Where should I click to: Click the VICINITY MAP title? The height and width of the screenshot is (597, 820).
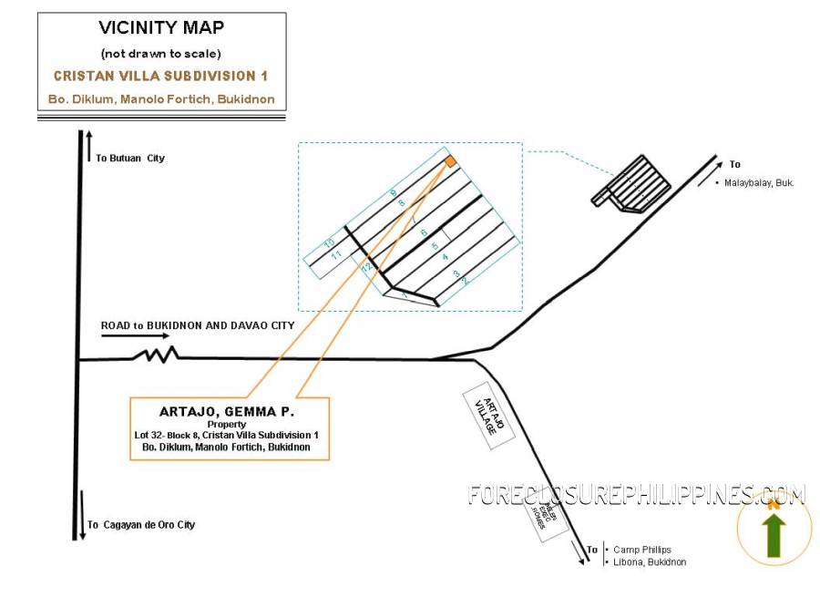[161, 28]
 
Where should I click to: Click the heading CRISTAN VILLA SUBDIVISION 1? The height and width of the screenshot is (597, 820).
[161, 76]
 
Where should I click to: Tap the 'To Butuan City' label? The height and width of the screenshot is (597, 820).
[130, 158]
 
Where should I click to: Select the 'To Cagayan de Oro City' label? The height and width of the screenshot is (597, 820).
[141, 525]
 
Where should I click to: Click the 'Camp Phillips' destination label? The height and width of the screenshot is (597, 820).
[642, 550]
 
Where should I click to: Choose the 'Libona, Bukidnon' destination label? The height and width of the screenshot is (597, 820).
[650, 562]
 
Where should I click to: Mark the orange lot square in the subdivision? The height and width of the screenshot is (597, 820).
[450, 161]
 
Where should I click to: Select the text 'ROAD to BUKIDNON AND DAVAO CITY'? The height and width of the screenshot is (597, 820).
[198, 324]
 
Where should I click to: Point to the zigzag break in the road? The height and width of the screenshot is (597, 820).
[156, 355]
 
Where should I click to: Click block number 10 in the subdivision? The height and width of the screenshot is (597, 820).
[328, 242]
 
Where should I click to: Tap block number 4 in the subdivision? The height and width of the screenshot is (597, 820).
[445, 258]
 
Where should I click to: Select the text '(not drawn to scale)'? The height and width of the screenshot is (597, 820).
[161, 54]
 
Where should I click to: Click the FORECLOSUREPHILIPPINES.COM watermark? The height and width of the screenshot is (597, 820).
[636, 495]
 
